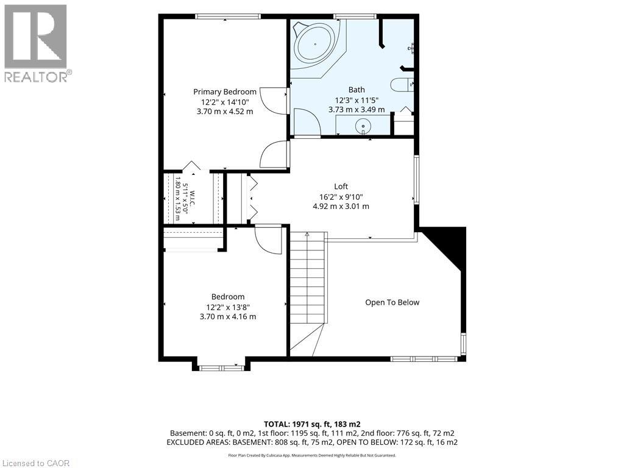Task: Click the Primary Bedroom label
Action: tap(225, 92)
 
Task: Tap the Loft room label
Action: tap(341, 186)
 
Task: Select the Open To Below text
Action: tap(392, 302)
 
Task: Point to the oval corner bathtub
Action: tap(315, 44)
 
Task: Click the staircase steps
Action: tap(307, 278)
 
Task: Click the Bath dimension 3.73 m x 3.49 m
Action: tap(356, 110)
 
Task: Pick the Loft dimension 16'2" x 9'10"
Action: tap(341, 197)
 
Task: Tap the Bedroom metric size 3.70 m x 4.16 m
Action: tap(228, 317)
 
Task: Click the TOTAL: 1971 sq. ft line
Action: tap(313, 424)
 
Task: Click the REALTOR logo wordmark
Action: tap(38, 76)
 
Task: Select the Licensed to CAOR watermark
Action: tap(36, 463)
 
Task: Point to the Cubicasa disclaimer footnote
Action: tap(312, 455)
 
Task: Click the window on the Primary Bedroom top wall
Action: tap(228, 16)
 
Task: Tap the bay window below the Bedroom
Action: tap(222, 368)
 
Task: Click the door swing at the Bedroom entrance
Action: tap(268, 239)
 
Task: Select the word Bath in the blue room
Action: tap(356, 90)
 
